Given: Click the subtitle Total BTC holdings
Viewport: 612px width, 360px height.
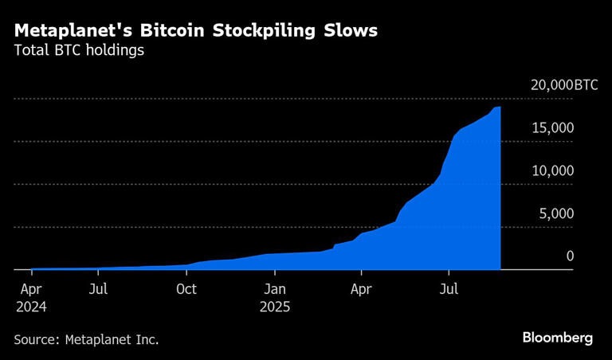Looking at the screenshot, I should point(78,52).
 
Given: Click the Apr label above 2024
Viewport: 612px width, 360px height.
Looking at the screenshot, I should point(30,289).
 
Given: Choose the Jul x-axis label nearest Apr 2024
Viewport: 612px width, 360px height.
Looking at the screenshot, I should point(98,289).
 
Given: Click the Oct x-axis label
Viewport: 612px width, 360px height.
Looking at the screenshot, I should point(186,289).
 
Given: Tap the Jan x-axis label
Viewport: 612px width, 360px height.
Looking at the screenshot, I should point(275,289).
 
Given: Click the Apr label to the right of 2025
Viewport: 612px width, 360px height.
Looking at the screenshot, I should point(363,289).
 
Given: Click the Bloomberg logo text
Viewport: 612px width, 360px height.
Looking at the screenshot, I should point(558,338).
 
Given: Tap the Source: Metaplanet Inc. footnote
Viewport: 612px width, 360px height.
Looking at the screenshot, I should point(86,339).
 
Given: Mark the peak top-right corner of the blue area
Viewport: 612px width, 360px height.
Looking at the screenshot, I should point(500,107).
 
